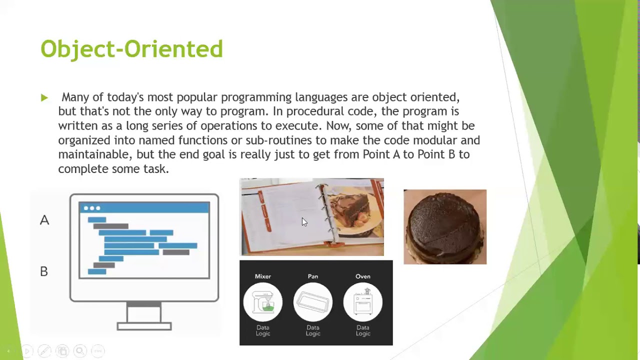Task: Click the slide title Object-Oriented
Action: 131,49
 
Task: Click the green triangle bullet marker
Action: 44,98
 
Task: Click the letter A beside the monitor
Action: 44,220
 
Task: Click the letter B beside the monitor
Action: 44,271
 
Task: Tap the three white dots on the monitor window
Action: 92,208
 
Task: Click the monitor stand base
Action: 144,326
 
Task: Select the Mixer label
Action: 263,276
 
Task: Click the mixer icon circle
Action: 263,302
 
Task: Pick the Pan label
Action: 313,276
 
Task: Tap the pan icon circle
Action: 313,302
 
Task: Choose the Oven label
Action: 363,276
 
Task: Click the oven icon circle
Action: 363,302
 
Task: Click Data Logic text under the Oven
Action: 363,330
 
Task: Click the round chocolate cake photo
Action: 445,227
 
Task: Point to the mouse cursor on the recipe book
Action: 304,222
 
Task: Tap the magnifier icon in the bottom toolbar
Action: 80,351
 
